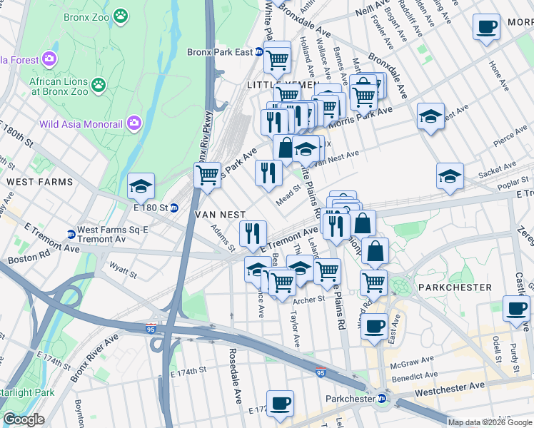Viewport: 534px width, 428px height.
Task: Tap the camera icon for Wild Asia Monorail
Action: pyautogui.click(x=133, y=123)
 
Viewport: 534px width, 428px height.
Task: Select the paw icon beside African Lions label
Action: pyautogui.click(x=99, y=86)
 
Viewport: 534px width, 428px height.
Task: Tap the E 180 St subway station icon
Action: pyautogui.click(x=173, y=208)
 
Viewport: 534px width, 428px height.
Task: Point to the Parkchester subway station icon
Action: pyautogui.click(x=383, y=399)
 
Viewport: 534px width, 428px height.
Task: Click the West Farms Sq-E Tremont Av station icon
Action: pyautogui.click(x=71, y=234)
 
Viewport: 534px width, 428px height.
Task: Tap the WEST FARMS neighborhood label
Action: pyautogui.click(x=39, y=182)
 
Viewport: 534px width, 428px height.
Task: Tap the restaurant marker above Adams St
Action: pyautogui.click(x=253, y=233)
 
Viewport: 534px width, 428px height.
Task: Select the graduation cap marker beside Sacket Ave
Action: pyautogui.click(x=450, y=176)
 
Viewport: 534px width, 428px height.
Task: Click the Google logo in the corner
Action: pyautogui.click(x=24, y=419)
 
